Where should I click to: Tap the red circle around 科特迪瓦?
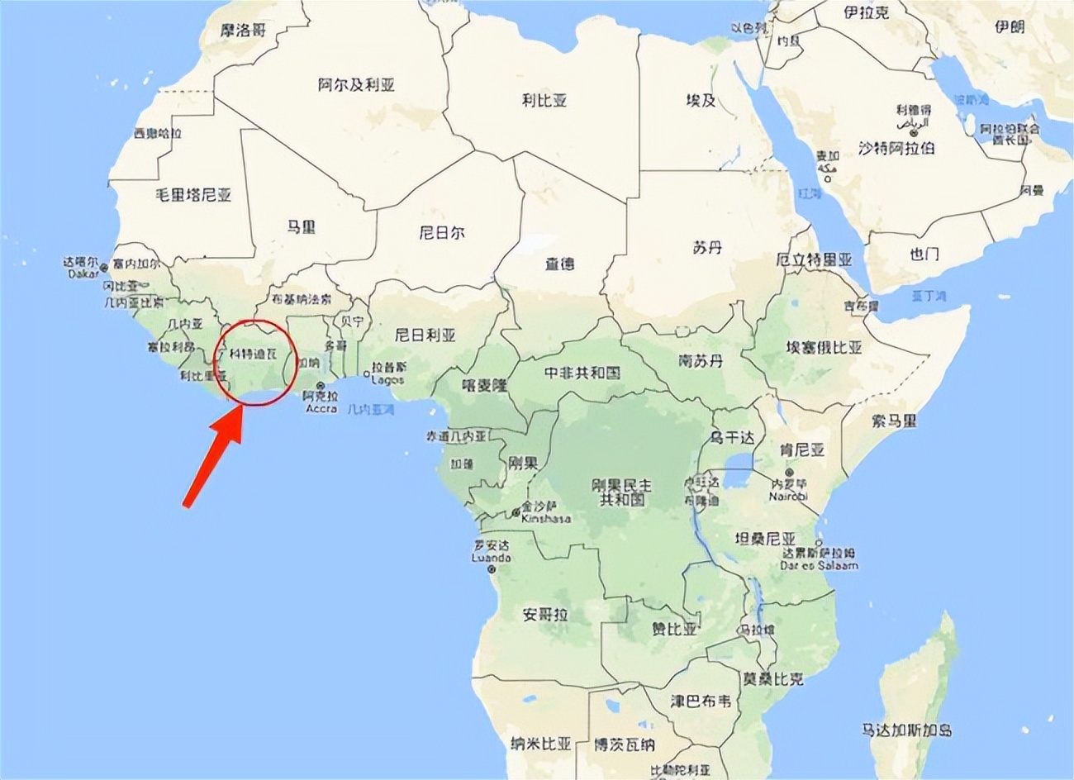click(x=255, y=362)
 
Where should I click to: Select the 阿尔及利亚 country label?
click(x=356, y=85)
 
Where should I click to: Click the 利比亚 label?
click(x=544, y=101)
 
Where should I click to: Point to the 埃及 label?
click(x=701, y=101)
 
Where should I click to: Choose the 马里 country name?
click(x=301, y=226)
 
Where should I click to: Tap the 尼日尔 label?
click(x=441, y=233)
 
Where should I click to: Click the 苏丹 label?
click(x=707, y=247)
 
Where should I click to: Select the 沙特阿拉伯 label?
click(x=896, y=148)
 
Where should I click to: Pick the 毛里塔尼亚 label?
click(x=193, y=196)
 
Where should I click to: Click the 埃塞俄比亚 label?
click(x=823, y=348)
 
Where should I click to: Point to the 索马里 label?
click(x=894, y=421)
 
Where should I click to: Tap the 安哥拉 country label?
click(x=545, y=615)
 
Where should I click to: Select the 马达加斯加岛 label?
click(x=906, y=730)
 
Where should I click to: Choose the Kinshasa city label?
click(x=546, y=519)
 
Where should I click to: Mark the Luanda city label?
click(x=492, y=558)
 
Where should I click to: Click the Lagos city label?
click(x=387, y=380)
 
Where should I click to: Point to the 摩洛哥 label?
click(x=244, y=31)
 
